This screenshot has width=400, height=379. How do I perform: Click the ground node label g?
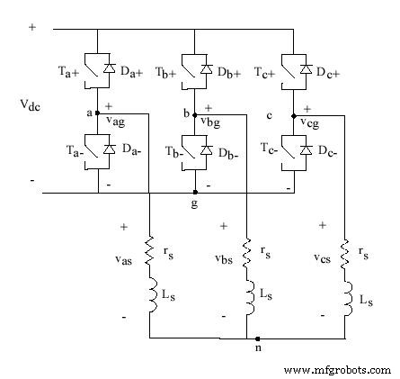(x=194, y=204)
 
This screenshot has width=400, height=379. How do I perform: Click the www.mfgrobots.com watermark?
(x=336, y=369)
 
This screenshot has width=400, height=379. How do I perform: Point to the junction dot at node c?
(x=294, y=114)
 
